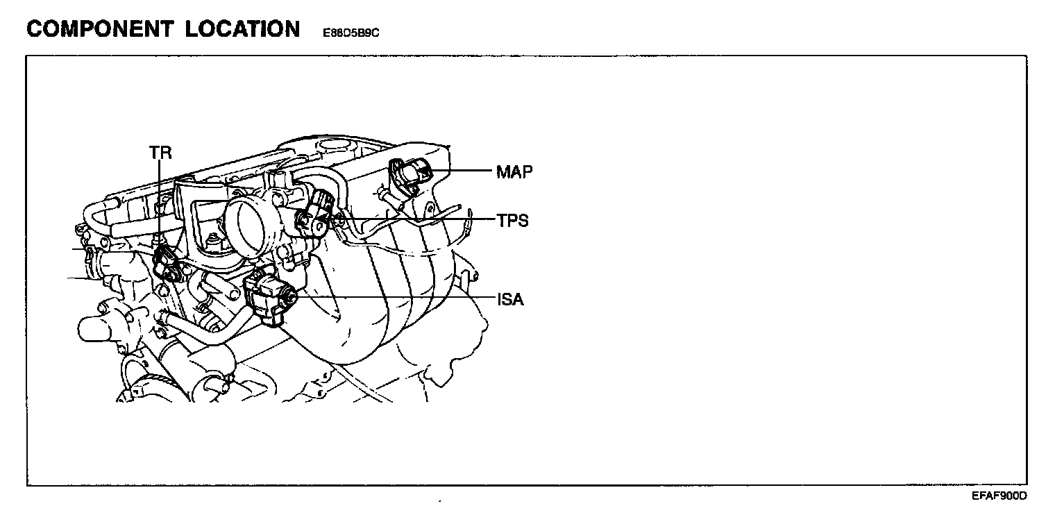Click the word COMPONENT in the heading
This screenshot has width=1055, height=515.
pyautogui.click(x=98, y=29)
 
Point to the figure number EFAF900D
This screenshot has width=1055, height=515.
pyautogui.click(x=999, y=496)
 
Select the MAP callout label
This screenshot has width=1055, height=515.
pyautogui.click(x=514, y=171)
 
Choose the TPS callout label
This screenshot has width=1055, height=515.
pyautogui.click(x=512, y=221)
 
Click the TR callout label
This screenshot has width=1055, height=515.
pyautogui.click(x=160, y=153)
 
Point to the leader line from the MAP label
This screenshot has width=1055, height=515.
pyautogui.click(x=462, y=171)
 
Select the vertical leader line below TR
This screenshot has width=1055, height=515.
pyautogui.click(x=160, y=201)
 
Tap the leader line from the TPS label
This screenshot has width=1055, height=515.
pyautogui.click(x=416, y=220)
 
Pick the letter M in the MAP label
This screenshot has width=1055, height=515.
pyautogui.click(x=503, y=171)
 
